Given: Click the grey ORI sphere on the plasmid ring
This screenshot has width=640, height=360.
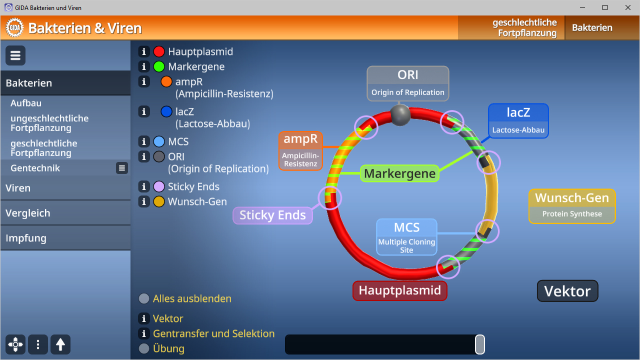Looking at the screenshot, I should (x=400, y=115).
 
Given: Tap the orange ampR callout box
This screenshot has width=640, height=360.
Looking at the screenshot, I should (x=300, y=150).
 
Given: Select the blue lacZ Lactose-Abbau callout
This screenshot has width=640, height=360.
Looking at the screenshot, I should (x=518, y=120).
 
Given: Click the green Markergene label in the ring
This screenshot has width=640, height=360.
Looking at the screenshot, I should (x=400, y=173).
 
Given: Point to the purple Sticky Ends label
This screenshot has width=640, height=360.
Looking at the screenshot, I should (x=272, y=215).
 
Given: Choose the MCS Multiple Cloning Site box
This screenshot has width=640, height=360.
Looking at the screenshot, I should (x=406, y=237).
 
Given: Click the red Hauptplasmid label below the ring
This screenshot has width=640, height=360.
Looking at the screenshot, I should (x=400, y=290).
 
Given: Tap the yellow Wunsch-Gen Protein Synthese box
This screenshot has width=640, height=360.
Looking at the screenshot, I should (x=572, y=206).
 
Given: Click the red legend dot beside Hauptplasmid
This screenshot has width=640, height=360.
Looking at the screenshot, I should (x=159, y=51).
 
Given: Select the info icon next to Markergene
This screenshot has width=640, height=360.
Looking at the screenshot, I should (x=144, y=66).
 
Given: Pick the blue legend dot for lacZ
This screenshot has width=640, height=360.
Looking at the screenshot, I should (x=166, y=111).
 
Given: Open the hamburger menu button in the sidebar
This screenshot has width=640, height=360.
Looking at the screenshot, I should (x=15, y=55).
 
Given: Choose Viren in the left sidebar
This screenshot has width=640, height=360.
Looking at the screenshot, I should (x=18, y=188).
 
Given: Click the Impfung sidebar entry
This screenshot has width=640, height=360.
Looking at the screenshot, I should (x=26, y=238).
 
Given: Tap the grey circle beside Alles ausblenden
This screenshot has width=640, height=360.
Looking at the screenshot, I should (x=144, y=298).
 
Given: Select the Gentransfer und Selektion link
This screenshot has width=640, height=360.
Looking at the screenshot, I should (x=213, y=333).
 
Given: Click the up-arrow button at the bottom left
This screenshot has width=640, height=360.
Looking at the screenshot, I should (x=60, y=344).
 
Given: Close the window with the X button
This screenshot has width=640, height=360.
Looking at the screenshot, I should (x=628, y=7).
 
